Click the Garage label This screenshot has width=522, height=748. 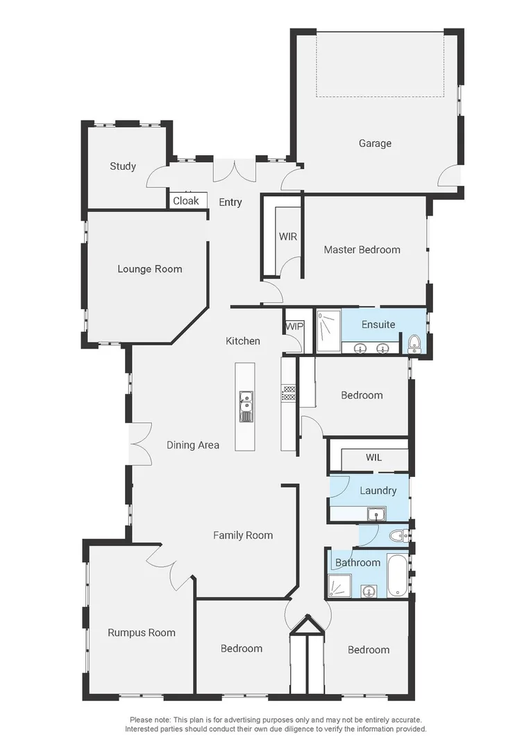[375, 143]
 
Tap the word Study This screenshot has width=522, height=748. [123, 166]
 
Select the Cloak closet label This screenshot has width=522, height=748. [185, 201]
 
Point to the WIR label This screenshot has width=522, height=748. [288, 236]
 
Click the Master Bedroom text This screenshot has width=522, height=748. [362, 250]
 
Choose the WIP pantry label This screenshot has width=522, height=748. [293, 326]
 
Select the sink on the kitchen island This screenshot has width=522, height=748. [246, 402]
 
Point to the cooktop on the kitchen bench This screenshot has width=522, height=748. [289, 393]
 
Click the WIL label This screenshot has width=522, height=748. [373, 458]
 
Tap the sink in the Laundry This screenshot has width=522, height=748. [376, 514]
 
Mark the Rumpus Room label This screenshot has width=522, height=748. [142, 632]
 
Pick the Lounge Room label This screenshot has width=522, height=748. [150, 269]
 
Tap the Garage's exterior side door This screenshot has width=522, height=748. [450, 177]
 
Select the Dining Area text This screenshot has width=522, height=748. [193, 445]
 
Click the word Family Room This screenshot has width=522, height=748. [243, 535]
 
